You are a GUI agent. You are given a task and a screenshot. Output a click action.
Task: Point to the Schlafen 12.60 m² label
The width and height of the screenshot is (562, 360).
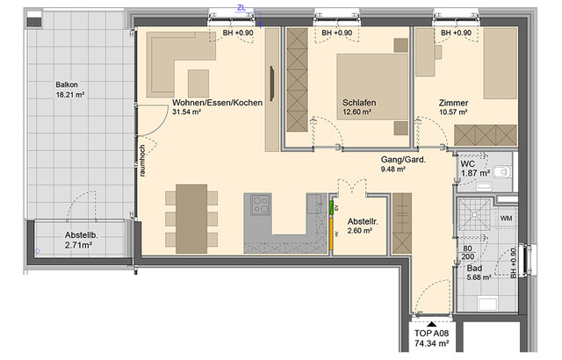[x=359, y=108]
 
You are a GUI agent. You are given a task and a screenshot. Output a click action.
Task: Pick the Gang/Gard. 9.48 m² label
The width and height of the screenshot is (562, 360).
[x=403, y=164]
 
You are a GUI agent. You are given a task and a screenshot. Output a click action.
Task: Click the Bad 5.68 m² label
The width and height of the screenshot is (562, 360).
[x=479, y=274]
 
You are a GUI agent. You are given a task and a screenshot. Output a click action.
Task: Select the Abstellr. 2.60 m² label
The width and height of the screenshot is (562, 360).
[x=362, y=226]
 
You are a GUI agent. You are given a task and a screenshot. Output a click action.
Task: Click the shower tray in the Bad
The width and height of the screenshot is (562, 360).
[x=479, y=216]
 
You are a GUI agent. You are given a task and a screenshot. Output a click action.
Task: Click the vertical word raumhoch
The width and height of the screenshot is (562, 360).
[x=141, y=162]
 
